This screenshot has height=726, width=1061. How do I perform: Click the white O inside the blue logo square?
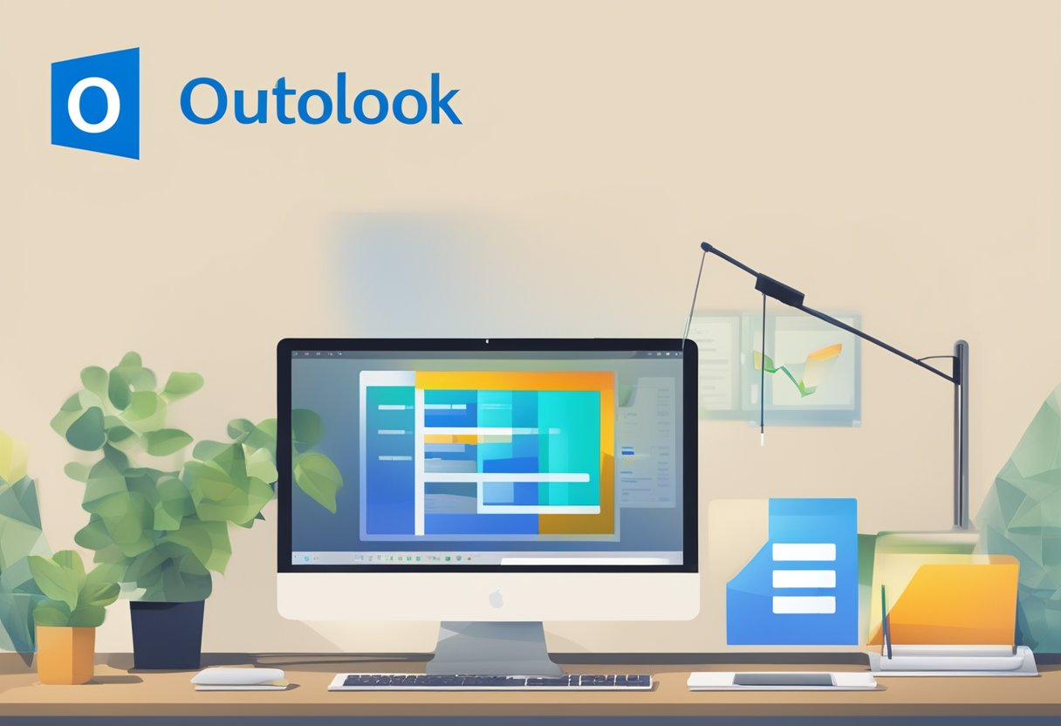point(93,105)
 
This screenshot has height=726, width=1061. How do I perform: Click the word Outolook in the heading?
point(320,101)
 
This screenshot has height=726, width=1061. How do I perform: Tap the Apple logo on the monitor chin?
point(496,599)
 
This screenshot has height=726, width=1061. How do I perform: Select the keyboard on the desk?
point(490,681)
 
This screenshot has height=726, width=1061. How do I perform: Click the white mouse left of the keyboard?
point(237,676)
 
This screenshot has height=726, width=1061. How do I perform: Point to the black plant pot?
point(167,634)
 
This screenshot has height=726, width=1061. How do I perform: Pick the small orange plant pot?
point(65,654)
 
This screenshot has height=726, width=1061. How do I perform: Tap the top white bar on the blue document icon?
point(804,551)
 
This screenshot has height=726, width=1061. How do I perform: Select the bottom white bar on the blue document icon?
point(804,605)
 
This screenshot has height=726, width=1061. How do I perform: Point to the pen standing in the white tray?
point(885,620)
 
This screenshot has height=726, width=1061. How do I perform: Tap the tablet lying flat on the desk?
point(782,680)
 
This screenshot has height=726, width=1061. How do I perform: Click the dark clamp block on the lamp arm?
point(778,290)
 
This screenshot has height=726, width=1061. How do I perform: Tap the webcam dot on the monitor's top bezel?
point(488,343)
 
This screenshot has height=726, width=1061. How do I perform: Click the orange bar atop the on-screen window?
point(515,380)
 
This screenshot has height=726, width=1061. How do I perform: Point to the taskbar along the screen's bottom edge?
point(487,557)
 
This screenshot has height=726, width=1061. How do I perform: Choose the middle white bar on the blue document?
point(804,579)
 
